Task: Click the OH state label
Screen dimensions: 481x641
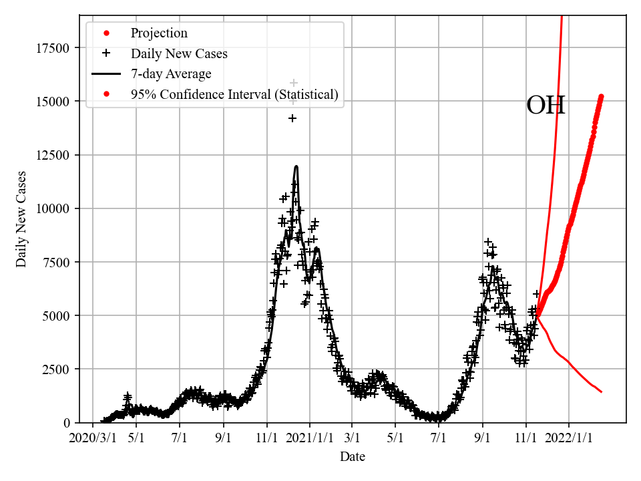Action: [546, 106]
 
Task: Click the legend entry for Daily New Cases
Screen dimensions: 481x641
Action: [178, 53]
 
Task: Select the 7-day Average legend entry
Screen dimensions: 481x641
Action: [171, 74]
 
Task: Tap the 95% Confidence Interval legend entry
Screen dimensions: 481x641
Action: [234, 94]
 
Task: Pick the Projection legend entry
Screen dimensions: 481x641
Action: [159, 33]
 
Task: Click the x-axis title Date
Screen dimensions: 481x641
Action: [353, 458]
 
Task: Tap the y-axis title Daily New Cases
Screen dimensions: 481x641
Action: [22, 219]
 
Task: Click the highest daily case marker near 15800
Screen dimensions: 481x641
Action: [294, 83]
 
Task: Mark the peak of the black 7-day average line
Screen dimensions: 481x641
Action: [296, 166]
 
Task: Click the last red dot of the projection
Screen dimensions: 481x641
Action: [601, 96]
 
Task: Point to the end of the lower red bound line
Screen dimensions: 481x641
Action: [602, 392]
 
